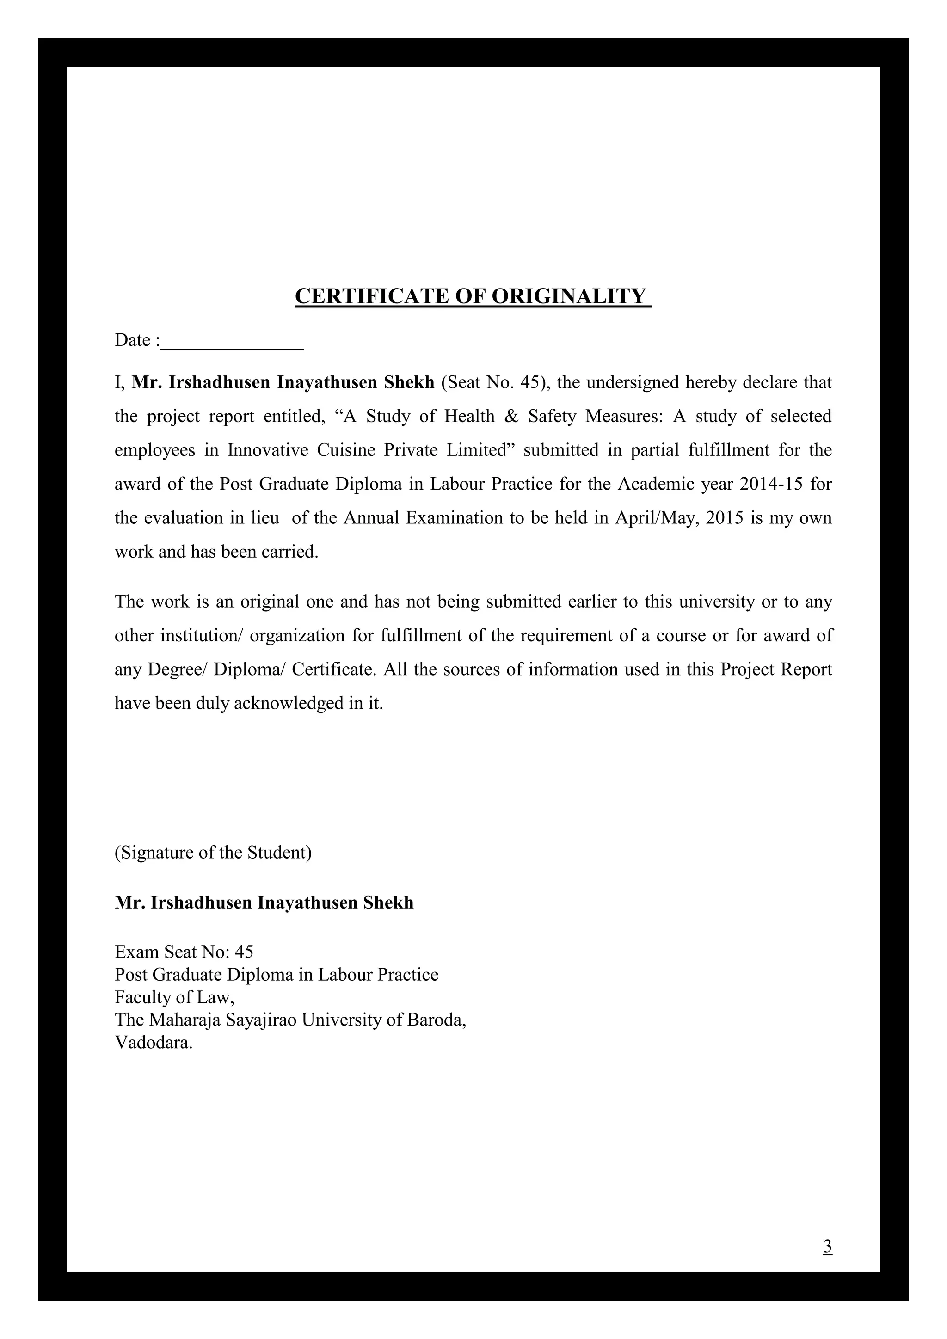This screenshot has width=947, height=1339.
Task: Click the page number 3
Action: coord(827,1246)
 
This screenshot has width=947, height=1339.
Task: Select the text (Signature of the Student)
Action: coord(213,853)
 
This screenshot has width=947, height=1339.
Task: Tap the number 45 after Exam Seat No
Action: coord(244,952)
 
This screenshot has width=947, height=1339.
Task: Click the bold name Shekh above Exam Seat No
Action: coord(388,903)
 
